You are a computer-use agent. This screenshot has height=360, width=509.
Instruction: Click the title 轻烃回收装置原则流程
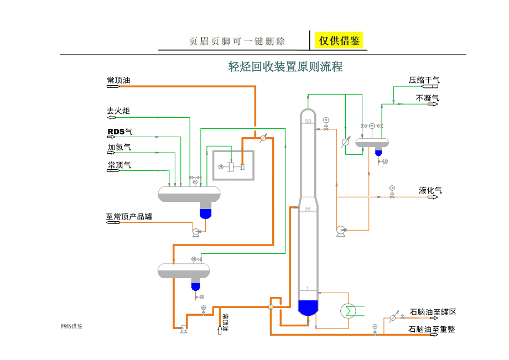coord(285,67)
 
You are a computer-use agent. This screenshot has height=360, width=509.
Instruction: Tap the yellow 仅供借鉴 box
coord(339,40)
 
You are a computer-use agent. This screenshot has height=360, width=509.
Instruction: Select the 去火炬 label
coord(118,111)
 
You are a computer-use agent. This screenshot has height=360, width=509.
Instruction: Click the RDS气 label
coord(120,131)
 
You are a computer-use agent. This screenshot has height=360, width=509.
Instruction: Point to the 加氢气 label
coord(119,147)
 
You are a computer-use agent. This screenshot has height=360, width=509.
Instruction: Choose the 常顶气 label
coord(119,164)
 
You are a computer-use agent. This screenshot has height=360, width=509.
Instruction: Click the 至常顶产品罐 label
coord(128,216)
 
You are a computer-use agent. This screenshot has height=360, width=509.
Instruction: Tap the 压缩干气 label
coord(424,80)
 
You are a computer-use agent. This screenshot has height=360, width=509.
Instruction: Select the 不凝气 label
coord(427,98)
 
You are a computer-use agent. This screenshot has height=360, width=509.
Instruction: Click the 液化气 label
coord(430,191)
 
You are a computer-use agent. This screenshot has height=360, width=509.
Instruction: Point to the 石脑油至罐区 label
coord(433,312)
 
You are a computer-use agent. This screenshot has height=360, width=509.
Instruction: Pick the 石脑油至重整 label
coord(432,329)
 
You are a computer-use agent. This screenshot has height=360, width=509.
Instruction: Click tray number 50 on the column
coord(308,121)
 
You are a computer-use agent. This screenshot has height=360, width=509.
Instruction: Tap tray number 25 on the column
coord(308,209)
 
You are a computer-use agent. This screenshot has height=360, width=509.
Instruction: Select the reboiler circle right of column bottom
coord(349,310)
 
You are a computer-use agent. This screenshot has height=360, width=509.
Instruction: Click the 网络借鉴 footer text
coord(71,326)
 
